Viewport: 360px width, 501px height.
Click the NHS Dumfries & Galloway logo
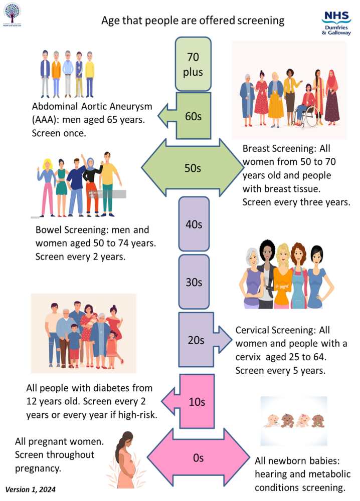pyautogui.click(x=336, y=23)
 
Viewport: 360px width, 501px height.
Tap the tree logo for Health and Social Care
pyautogui.click(x=13, y=14)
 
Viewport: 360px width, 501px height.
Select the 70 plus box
pyautogui.click(x=193, y=64)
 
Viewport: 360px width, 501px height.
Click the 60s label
pyautogui.click(x=193, y=116)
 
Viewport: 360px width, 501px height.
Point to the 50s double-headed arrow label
pyautogui.click(x=193, y=168)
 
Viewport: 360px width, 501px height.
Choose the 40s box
pyautogui.click(x=194, y=224)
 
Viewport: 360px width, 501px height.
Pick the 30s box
pyautogui.click(x=194, y=282)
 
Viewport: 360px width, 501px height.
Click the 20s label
pyautogui.click(x=196, y=340)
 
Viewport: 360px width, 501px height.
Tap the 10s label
pyautogui.click(x=197, y=401)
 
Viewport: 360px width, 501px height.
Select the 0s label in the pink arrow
pyautogui.click(x=198, y=457)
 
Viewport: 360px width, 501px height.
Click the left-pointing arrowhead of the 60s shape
pyautogui.click(x=166, y=117)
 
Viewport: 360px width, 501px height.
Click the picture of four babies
pyautogui.click(x=293, y=421)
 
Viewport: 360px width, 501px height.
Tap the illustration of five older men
pyautogui.click(x=67, y=74)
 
